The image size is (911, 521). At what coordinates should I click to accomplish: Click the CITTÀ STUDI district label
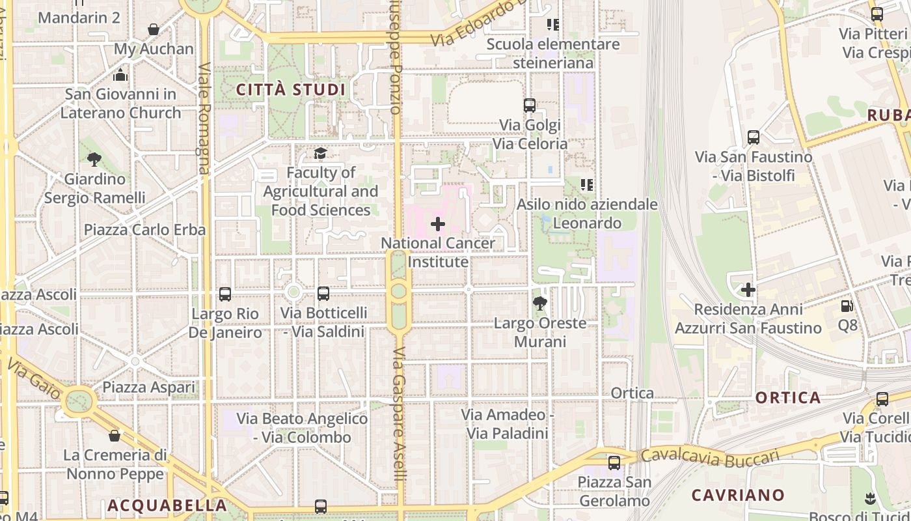290,90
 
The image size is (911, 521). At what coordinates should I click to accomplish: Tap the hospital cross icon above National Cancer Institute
438,224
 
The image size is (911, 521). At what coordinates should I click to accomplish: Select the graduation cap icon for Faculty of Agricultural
320,154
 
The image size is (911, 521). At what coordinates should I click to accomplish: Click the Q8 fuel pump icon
847,305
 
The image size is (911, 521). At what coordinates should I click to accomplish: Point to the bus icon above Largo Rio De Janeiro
225,294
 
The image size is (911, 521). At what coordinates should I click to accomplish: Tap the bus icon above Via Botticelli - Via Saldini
323,294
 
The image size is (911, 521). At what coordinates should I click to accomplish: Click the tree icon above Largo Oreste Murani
539,303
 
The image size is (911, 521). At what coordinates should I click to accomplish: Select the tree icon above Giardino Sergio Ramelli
94,159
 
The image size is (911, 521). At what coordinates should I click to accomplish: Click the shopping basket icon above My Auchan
154,29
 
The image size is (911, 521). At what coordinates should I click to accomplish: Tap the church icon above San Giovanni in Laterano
120,75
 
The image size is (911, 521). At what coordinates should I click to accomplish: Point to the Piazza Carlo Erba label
144,230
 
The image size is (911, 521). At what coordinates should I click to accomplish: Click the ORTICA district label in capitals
788,398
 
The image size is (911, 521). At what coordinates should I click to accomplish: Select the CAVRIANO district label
738,495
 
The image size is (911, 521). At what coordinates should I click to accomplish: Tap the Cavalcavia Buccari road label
709,457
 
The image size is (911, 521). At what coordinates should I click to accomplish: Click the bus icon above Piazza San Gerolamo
614,463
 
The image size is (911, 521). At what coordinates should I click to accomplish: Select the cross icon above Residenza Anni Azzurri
748,289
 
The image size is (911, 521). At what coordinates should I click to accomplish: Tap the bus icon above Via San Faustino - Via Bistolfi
754,137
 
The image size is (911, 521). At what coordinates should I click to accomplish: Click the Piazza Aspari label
148,387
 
